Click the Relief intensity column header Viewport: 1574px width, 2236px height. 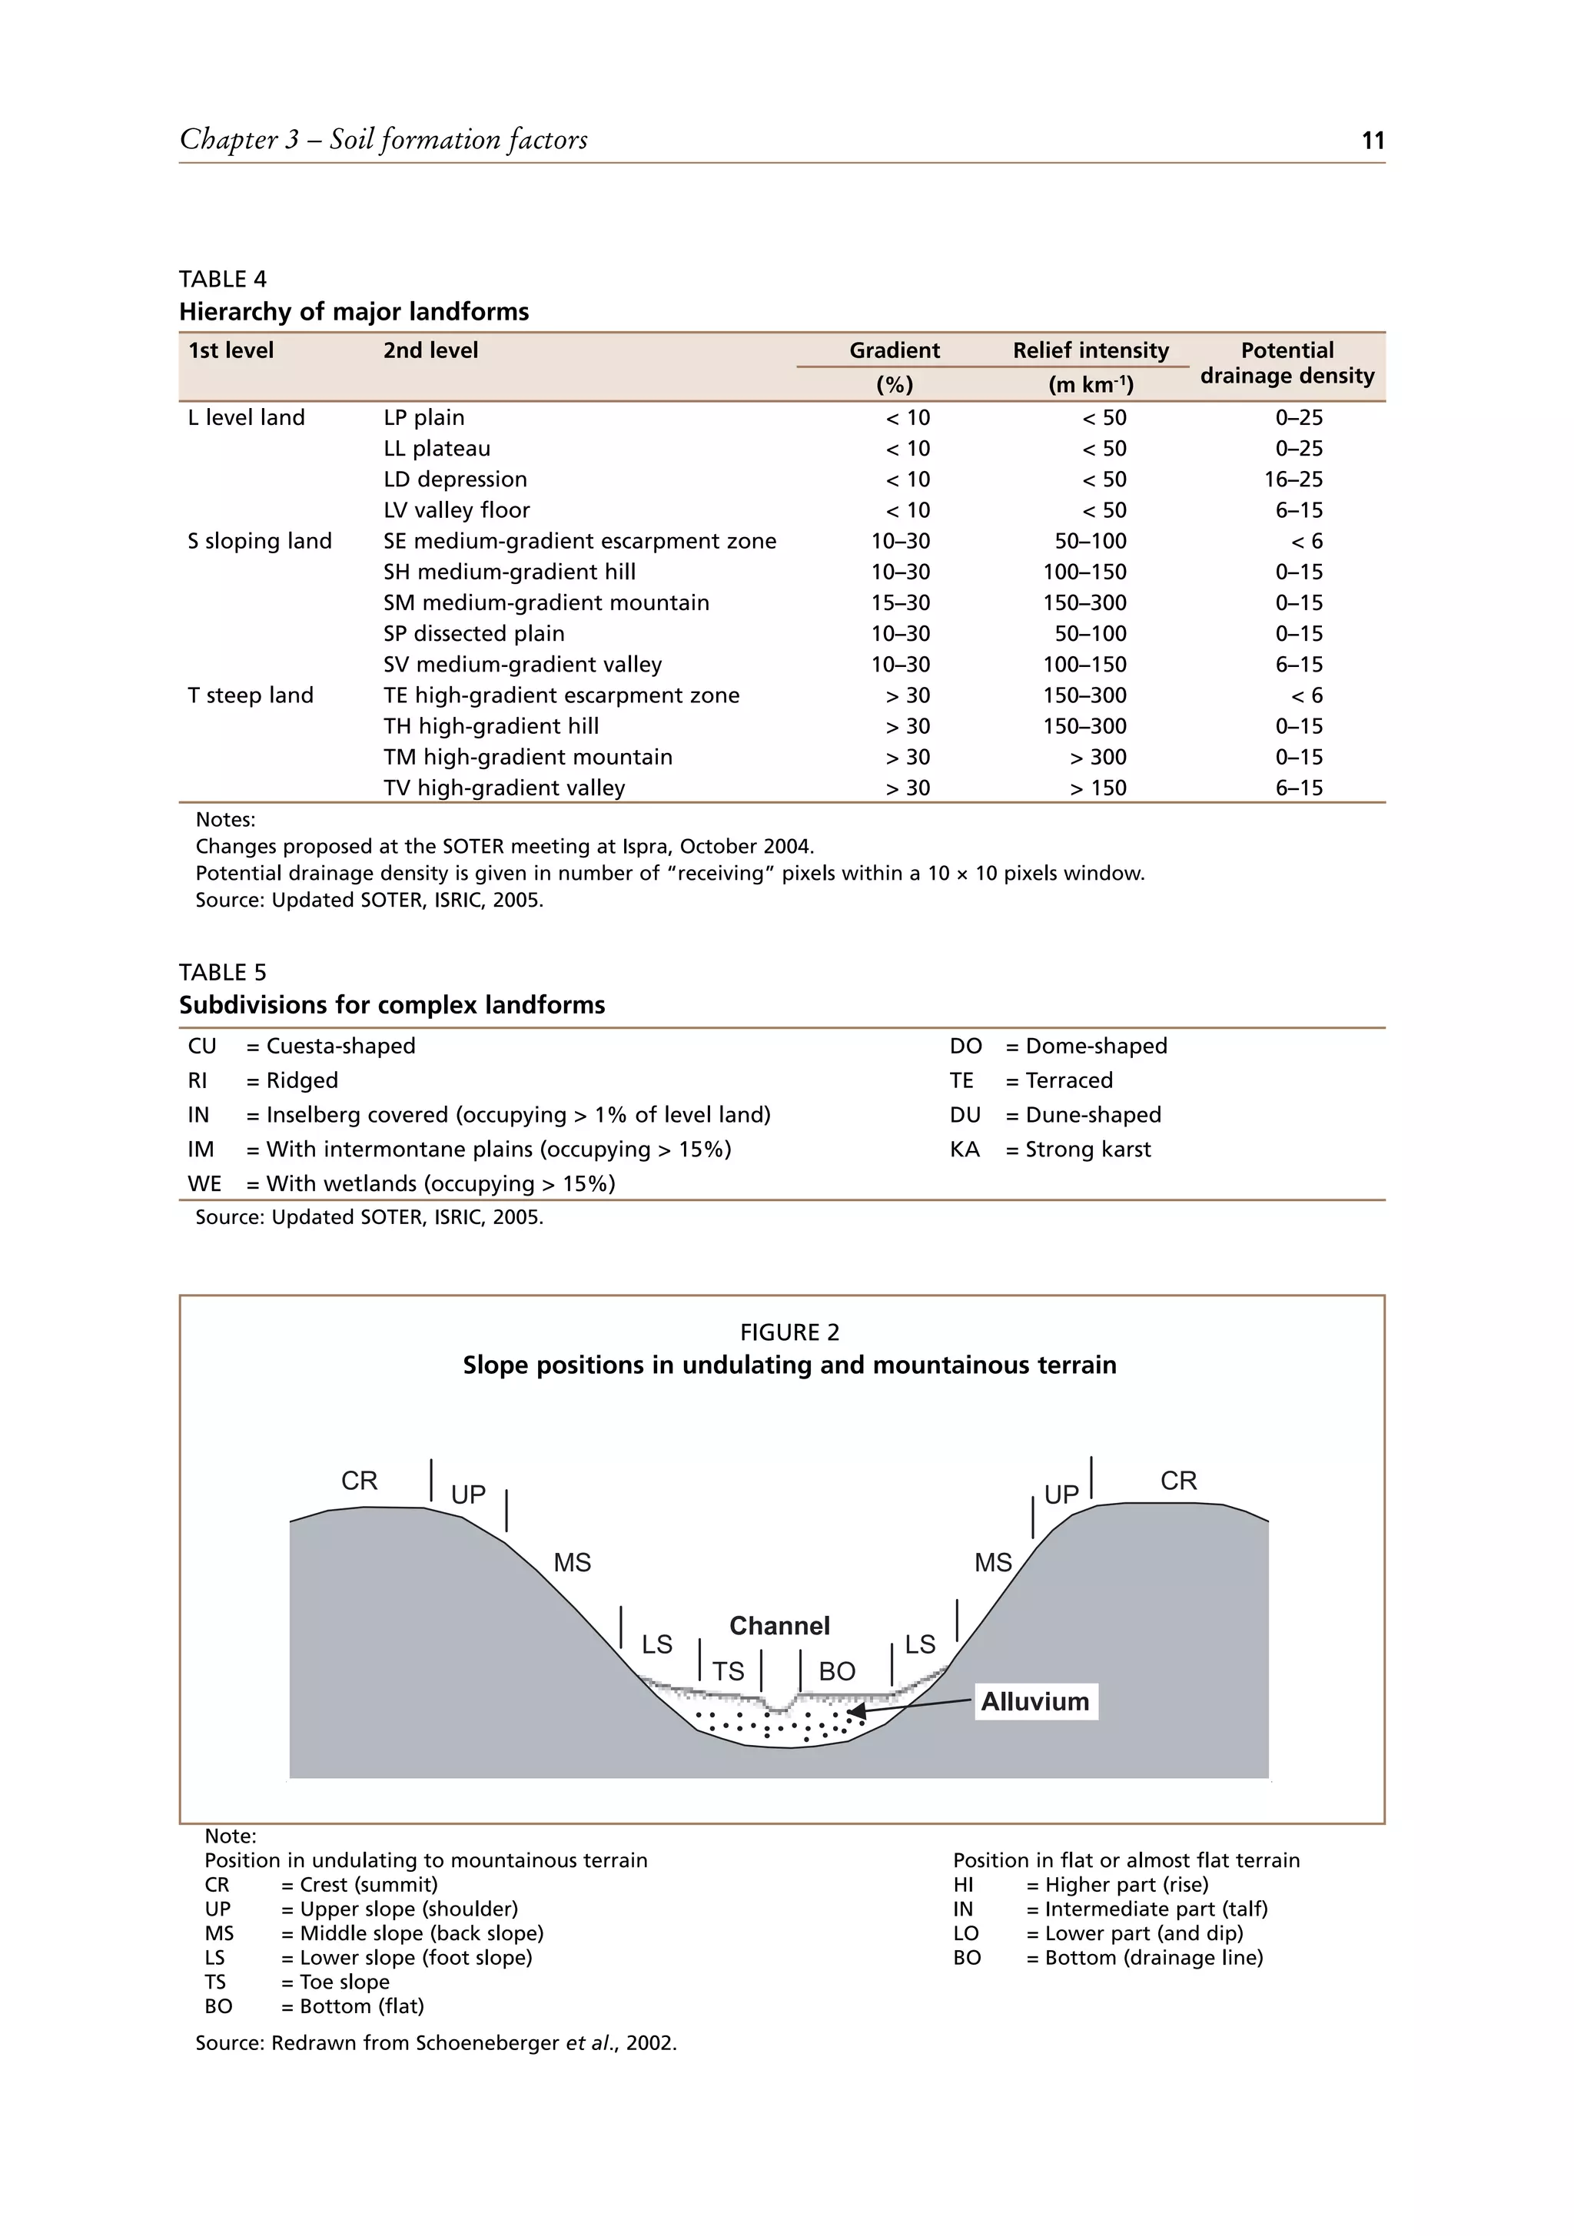coord(1090,350)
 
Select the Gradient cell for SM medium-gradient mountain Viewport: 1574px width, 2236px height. coord(900,603)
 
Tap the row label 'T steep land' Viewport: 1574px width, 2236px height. coord(251,695)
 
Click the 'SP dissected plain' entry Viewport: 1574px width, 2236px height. coord(473,634)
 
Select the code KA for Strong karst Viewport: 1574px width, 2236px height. coord(965,1150)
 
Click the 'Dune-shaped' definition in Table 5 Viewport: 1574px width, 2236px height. coord(1093,1115)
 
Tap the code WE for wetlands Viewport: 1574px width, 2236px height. coord(204,1184)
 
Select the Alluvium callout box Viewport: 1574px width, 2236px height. coord(1034,1701)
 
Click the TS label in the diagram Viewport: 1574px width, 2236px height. coord(728,1671)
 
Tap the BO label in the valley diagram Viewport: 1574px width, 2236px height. coord(837,1671)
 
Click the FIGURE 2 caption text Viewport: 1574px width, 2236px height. coord(789,1332)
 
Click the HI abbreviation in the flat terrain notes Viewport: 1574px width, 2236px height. coord(963,1884)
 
